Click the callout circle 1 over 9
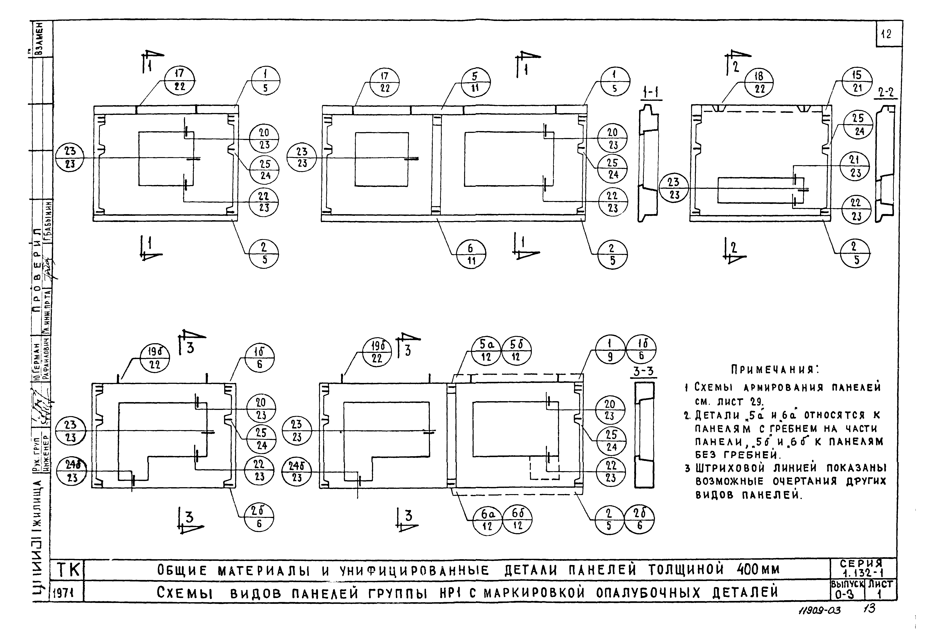(x=610, y=350)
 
